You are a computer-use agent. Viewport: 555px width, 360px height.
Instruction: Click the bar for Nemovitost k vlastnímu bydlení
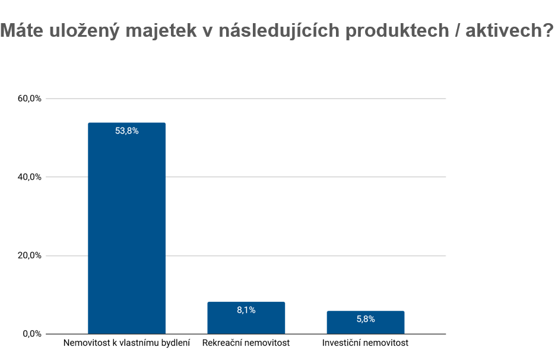pyautogui.click(x=126, y=231)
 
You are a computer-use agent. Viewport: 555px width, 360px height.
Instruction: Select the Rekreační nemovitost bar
pyautogui.click(x=246, y=321)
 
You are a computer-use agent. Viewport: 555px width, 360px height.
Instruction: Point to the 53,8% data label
pyautogui.click(x=126, y=131)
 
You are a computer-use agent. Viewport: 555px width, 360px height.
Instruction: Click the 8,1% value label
pyautogui.click(x=246, y=310)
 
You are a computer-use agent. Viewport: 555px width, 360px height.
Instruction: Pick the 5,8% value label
pyautogui.click(x=365, y=319)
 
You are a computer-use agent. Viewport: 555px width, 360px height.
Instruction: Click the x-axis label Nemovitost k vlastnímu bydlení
pyautogui.click(x=126, y=343)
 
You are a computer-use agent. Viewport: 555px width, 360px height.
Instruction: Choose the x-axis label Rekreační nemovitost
pyautogui.click(x=246, y=343)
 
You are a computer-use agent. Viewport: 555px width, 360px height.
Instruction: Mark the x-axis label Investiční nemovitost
pyautogui.click(x=365, y=343)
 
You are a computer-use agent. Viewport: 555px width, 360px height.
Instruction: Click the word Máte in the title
pyautogui.click(x=24, y=31)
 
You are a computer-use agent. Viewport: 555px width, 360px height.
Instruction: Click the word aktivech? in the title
pyautogui.click(x=509, y=31)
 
